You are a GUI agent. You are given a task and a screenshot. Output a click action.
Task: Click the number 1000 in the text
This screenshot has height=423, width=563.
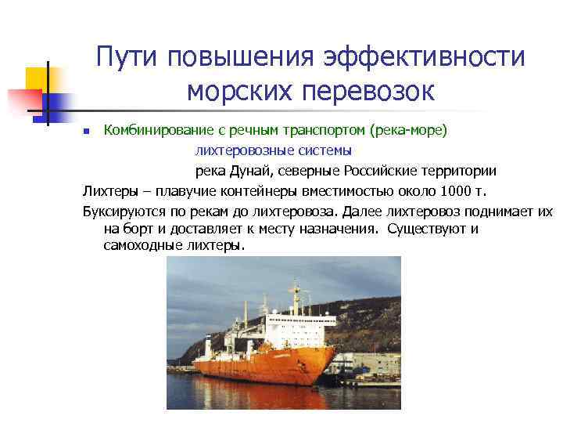[457, 190]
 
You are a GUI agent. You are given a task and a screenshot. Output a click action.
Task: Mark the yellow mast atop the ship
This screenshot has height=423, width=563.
[295, 294]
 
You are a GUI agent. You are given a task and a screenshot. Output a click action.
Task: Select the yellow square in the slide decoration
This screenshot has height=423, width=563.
[38, 78]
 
